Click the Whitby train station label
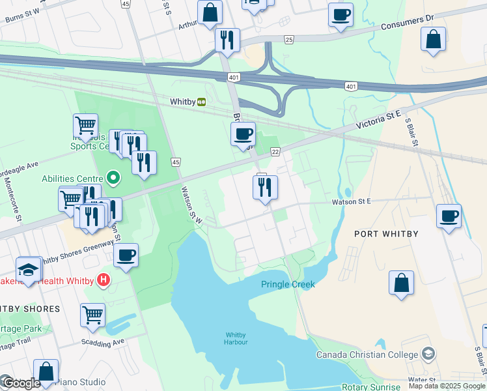(x=182, y=102)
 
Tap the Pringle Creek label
(x=288, y=284)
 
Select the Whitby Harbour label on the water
(x=236, y=338)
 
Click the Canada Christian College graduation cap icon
(x=428, y=355)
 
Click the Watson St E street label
(x=353, y=202)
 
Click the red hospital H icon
(x=102, y=281)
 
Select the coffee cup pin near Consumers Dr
(x=340, y=14)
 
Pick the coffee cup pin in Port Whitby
(x=449, y=216)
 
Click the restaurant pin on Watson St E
(x=265, y=188)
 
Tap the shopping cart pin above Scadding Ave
(x=93, y=315)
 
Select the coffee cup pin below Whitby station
(x=243, y=134)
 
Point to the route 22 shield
(x=275, y=151)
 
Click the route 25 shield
(x=288, y=40)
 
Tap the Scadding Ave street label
(x=103, y=341)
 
